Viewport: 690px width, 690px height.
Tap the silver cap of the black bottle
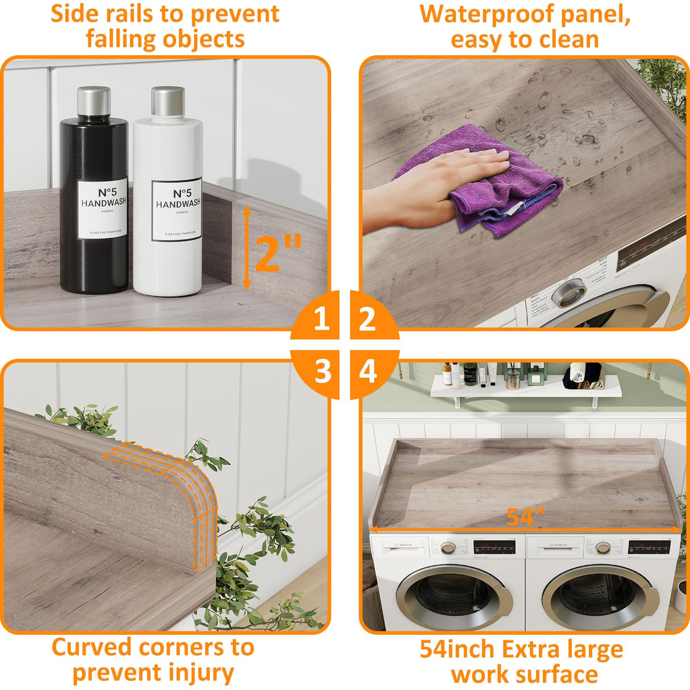click(x=94, y=101)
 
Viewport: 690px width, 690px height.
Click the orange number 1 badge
click(x=321, y=318)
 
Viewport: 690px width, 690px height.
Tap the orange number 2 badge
click(x=368, y=319)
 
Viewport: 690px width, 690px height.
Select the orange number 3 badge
click(x=322, y=372)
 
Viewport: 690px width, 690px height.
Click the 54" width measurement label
click(x=525, y=517)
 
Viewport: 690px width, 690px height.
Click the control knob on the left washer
click(x=448, y=548)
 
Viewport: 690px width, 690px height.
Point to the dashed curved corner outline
click(x=188, y=483)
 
